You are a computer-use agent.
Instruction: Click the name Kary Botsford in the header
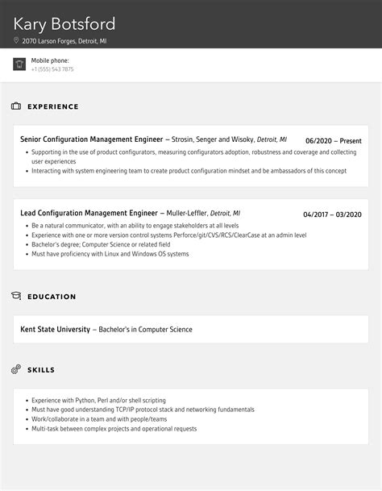[64, 23]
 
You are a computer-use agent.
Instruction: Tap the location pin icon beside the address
[17, 40]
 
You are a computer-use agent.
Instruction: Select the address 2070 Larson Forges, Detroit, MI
[64, 40]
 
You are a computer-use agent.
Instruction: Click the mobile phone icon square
[19, 64]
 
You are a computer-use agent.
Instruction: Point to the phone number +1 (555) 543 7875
[52, 69]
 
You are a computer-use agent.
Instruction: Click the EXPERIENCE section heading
[53, 106]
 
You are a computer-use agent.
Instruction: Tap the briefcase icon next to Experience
[16, 106]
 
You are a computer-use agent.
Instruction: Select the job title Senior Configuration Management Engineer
[91, 139]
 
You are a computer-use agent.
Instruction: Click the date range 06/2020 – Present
[334, 140]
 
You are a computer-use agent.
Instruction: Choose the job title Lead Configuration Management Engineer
[89, 213]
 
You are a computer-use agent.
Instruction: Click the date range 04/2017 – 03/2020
[332, 214]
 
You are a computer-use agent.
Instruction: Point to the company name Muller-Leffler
[187, 213]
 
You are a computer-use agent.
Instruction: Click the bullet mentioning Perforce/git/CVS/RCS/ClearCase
[169, 235]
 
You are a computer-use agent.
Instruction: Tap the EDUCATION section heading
[52, 297]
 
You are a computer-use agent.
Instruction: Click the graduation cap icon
[16, 297]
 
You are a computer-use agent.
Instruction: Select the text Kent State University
[56, 329]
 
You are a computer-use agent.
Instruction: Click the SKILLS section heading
[41, 369]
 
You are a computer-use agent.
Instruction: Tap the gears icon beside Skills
[16, 369]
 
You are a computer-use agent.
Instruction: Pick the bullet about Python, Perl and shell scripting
[98, 400]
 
